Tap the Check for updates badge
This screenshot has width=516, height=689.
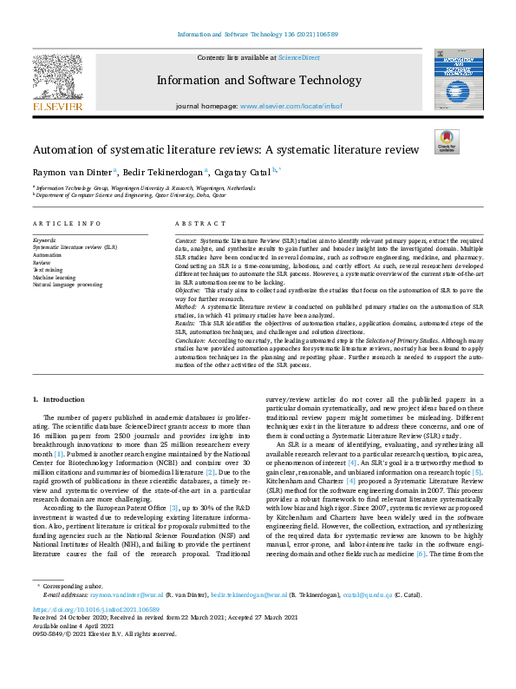tap(446, 142)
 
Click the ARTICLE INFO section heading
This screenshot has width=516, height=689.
tap(67, 224)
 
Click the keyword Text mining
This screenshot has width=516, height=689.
tap(49, 271)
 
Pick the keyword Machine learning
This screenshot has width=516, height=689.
tap(55, 278)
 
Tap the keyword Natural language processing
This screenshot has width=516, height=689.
tap(68, 285)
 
